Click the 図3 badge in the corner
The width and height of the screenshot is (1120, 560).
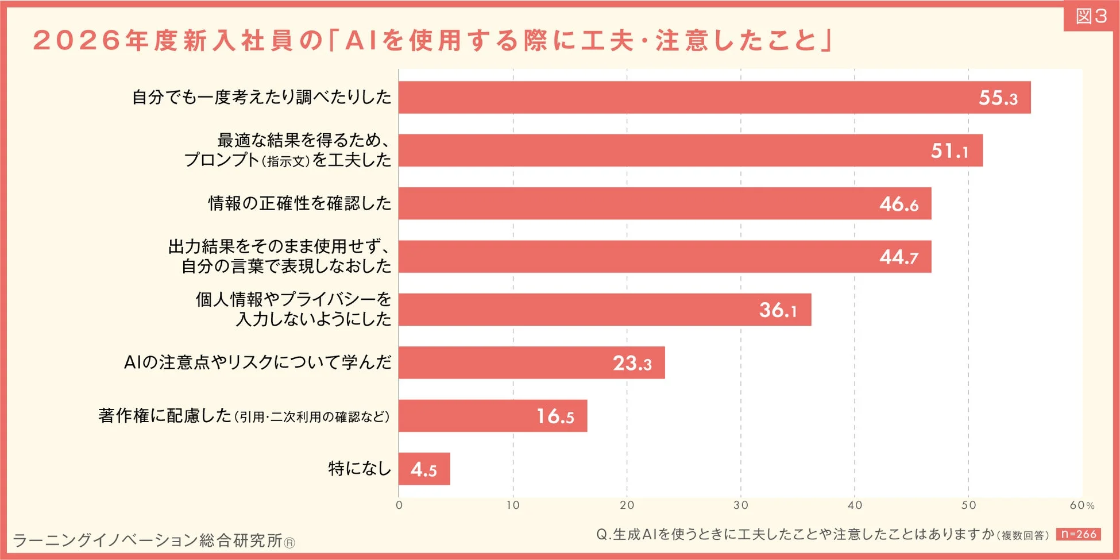(1091, 16)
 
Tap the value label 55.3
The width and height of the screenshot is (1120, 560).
(998, 98)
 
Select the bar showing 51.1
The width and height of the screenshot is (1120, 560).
(689, 150)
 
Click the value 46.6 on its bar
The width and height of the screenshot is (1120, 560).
(898, 204)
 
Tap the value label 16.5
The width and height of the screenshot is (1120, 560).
(555, 416)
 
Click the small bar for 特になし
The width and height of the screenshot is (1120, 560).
(424, 469)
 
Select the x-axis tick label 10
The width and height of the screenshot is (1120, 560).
(512, 505)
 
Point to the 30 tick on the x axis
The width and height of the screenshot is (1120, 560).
(740, 505)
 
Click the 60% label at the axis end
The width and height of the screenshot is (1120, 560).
(1082, 505)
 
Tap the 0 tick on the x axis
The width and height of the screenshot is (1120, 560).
(399, 505)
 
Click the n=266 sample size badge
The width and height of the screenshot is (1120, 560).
(1078, 534)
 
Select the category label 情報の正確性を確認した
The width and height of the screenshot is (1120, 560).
(299, 203)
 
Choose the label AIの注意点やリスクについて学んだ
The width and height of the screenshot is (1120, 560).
(257, 362)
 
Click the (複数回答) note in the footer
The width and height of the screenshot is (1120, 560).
(1025, 535)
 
